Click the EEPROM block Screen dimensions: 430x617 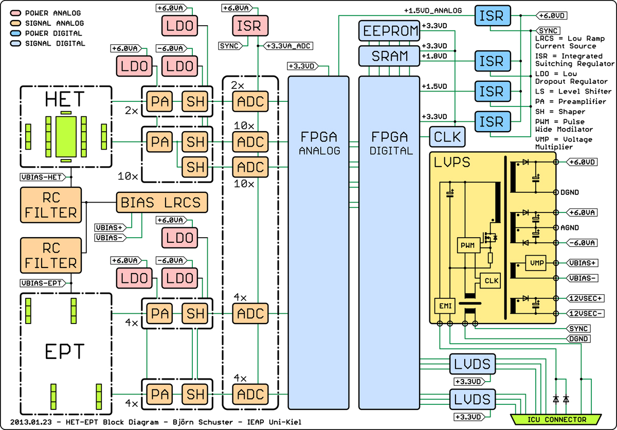coord(390,31)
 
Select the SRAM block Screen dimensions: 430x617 coord(390,55)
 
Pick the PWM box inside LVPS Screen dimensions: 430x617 coord(468,245)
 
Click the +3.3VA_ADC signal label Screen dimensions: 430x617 coord(288,46)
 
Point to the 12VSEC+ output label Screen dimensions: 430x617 coord(584,298)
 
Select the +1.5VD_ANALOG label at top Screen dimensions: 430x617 coord(432,10)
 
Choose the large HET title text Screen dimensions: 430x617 coord(65,98)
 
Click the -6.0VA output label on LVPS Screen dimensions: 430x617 coord(582,243)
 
